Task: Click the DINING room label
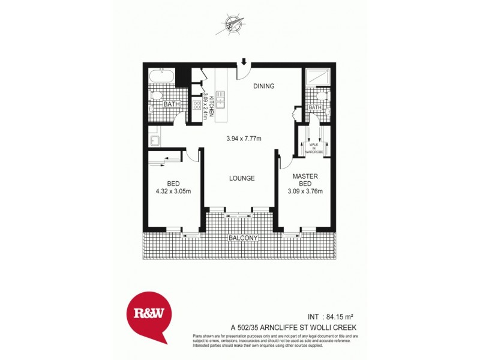point(263,86)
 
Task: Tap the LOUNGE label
point(242,178)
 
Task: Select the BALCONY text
point(242,238)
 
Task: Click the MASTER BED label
point(305,181)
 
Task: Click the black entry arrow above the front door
point(244,61)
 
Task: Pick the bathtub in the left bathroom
point(161,77)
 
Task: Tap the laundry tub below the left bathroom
point(154,141)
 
